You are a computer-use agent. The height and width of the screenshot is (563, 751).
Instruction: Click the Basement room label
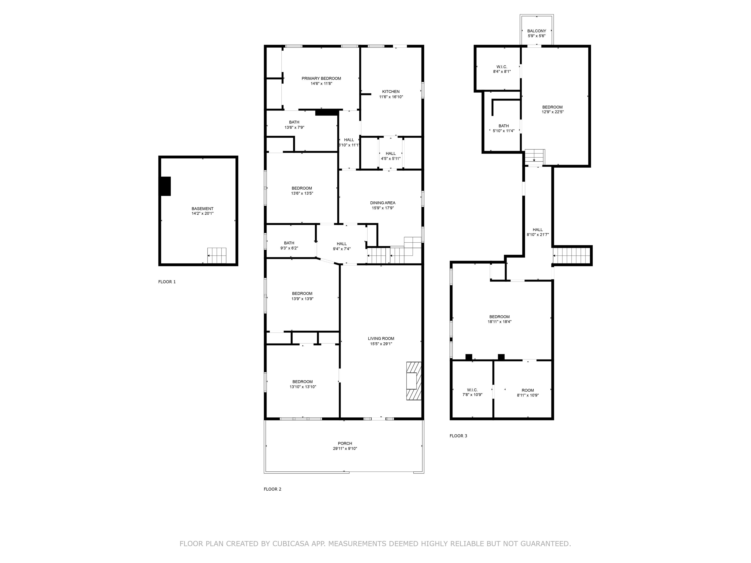202,209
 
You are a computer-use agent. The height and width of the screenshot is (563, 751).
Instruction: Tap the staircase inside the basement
217,256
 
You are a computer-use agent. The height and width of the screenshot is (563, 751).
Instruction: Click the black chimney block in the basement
165,186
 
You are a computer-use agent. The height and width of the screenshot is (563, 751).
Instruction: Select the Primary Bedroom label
321,78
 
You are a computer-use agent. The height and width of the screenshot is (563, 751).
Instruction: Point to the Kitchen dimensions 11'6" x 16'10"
391,97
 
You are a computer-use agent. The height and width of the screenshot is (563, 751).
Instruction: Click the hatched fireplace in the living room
414,381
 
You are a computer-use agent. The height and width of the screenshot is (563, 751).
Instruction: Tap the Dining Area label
383,203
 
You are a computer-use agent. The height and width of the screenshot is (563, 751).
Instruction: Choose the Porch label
345,443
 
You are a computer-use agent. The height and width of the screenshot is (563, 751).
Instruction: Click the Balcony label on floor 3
536,31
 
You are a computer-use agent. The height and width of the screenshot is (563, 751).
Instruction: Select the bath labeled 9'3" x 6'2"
289,245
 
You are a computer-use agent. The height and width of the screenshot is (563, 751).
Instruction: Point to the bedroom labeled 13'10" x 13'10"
302,384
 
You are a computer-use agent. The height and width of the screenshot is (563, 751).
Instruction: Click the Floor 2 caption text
272,489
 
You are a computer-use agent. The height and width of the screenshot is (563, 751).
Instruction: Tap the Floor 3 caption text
458,436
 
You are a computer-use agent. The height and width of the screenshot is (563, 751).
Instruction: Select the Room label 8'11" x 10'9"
528,390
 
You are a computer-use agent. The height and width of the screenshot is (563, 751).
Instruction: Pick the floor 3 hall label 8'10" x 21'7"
537,232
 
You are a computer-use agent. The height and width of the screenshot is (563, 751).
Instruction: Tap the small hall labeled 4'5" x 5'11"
390,156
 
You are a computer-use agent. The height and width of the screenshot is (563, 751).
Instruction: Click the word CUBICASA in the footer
290,544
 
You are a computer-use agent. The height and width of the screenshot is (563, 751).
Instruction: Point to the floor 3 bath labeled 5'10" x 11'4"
504,128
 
